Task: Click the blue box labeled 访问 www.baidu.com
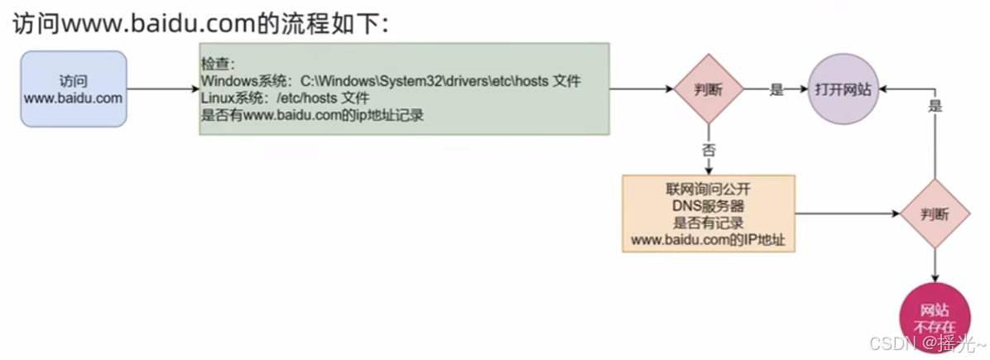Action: tap(73, 89)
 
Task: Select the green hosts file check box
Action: tap(404, 89)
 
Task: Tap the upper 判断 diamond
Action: tap(709, 89)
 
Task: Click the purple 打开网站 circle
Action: tap(843, 89)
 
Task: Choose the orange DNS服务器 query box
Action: tap(709, 214)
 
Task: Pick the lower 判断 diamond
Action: tap(935, 214)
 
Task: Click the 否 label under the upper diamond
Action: tap(709, 151)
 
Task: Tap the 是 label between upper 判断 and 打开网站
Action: tap(776, 89)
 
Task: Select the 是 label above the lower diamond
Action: tap(935, 107)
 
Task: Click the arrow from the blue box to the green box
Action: tap(163, 89)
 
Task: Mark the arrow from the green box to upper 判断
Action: tap(642, 89)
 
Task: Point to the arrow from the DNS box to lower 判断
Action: tap(848, 214)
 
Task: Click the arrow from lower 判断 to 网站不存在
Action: tap(935, 266)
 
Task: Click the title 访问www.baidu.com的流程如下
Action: tap(202, 26)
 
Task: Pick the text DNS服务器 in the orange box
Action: tap(709, 206)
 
